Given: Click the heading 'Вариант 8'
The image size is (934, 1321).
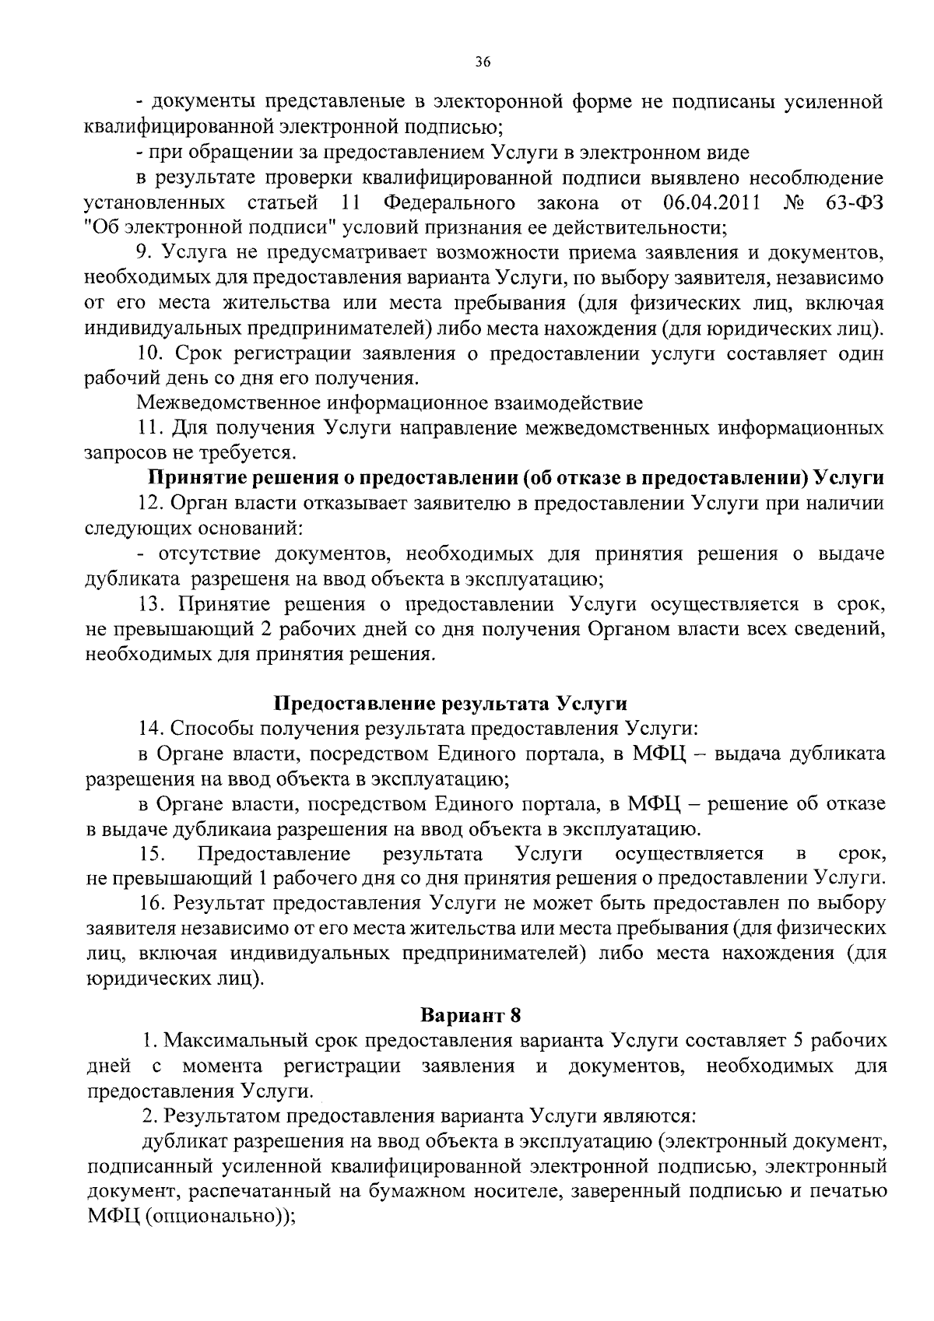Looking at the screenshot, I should point(469,1015).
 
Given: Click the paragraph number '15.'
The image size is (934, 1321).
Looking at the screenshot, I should point(151,854).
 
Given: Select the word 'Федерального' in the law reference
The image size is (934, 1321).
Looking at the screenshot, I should point(449,203).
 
